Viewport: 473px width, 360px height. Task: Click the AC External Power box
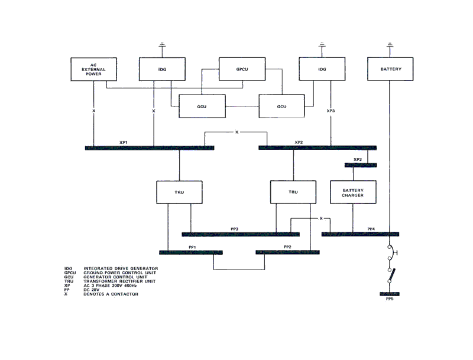93,69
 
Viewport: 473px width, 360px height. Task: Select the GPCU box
241,69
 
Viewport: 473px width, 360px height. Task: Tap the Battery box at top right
390,69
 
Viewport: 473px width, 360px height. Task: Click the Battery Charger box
352,192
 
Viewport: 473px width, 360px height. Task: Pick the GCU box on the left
201,106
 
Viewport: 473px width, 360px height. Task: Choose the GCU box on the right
281,106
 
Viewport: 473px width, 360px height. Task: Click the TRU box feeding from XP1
179,192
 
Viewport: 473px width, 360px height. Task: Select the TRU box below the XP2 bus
293,192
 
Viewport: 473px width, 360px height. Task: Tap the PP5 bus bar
389,294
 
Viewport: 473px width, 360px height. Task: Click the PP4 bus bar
360,235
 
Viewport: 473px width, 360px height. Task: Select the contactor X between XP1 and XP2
237,132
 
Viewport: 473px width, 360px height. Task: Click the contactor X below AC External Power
93,111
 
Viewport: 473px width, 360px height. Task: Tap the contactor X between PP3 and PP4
320,219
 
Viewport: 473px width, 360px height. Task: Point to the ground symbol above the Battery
390,44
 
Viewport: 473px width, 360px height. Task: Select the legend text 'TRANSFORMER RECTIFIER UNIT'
121,281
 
